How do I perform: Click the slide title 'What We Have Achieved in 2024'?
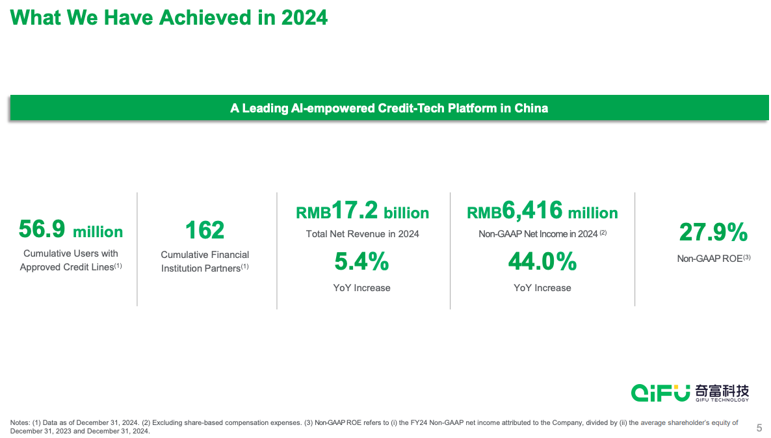tap(169, 18)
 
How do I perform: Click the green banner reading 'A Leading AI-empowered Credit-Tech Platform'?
tap(389, 108)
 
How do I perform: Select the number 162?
tap(205, 230)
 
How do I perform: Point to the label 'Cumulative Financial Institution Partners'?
tap(205, 261)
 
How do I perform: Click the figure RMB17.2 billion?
tap(362, 212)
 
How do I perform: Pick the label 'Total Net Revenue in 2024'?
tap(362, 234)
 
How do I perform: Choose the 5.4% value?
tap(361, 262)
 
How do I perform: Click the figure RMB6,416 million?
tap(542, 212)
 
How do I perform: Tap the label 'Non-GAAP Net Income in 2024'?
tap(538, 234)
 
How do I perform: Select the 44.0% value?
tap(542, 262)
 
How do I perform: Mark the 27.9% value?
tap(713, 232)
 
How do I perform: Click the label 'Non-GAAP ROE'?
tap(709, 259)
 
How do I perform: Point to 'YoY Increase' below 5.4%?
tap(361, 288)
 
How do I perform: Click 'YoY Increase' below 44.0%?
tap(542, 288)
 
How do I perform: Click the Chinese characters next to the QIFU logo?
tap(722, 391)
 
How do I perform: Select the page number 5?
tap(759, 428)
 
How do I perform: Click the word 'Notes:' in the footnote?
tap(20, 423)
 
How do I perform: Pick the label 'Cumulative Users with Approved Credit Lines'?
tap(70, 260)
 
